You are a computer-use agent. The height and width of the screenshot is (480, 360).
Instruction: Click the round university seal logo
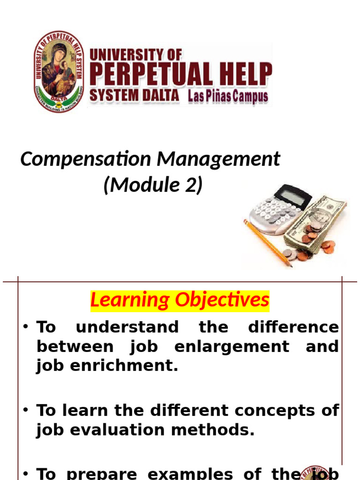tap(59, 71)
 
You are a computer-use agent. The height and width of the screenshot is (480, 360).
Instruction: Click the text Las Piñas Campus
tap(228, 97)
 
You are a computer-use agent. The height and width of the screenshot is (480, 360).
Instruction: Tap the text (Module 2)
tap(153, 185)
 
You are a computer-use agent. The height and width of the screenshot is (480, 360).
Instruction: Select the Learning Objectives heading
tap(180, 300)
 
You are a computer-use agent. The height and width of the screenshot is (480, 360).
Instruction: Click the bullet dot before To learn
tap(27, 411)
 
